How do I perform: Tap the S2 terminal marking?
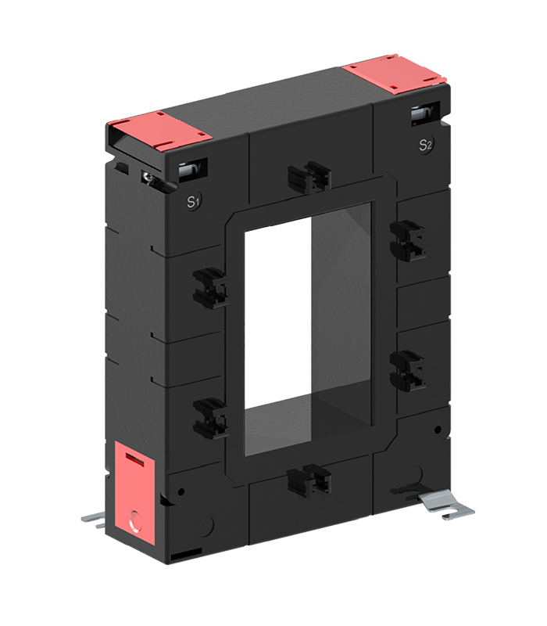point(425,144)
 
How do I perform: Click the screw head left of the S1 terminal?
point(148,178)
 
